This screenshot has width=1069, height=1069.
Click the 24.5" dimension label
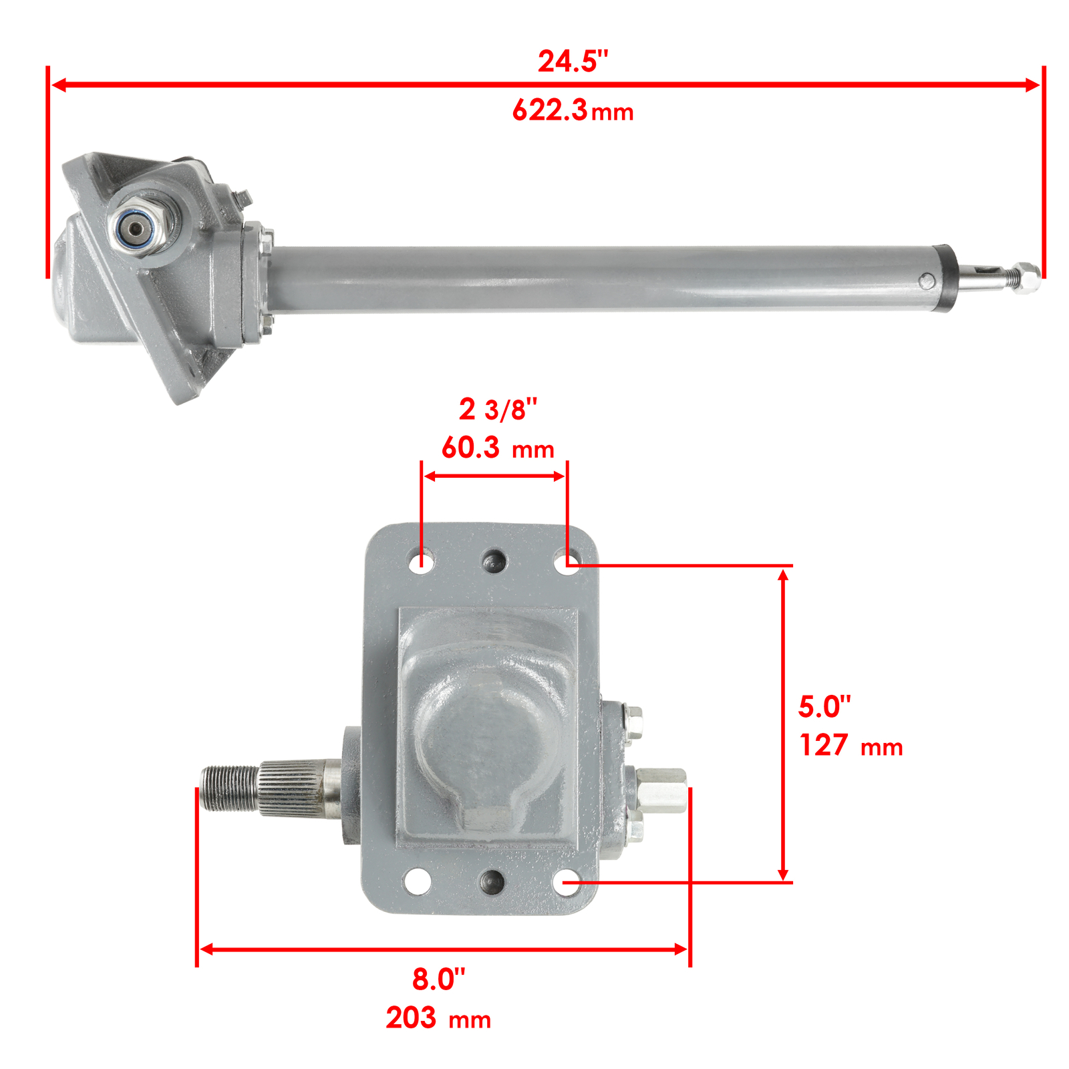pyautogui.click(x=573, y=61)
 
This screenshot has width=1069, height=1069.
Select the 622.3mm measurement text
pyautogui.click(x=573, y=110)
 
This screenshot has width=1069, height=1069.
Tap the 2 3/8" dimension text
pyautogui.click(x=498, y=410)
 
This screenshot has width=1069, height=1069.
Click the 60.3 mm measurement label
pyautogui.click(x=498, y=448)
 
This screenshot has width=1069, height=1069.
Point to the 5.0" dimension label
pyautogui.click(x=824, y=707)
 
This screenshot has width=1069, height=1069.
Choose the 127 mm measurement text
pyautogui.click(x=851, y=746)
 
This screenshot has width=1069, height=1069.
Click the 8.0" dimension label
pyautogui.click(x=438, y=979)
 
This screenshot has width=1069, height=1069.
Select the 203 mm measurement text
pyautogui.click(x=438, y=1018)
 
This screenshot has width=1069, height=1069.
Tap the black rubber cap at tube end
pyautogui.click(x=945, y=279)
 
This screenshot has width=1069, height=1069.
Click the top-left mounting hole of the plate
pyautogui.click(x=421, y=560)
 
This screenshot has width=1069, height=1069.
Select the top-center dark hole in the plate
pyautogui.click(x=494, y=561)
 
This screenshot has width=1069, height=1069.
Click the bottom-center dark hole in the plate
pyautogui.click(x=492, y=881)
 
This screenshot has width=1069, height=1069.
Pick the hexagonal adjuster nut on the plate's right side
pyautogui.click(x=661, y=791)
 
